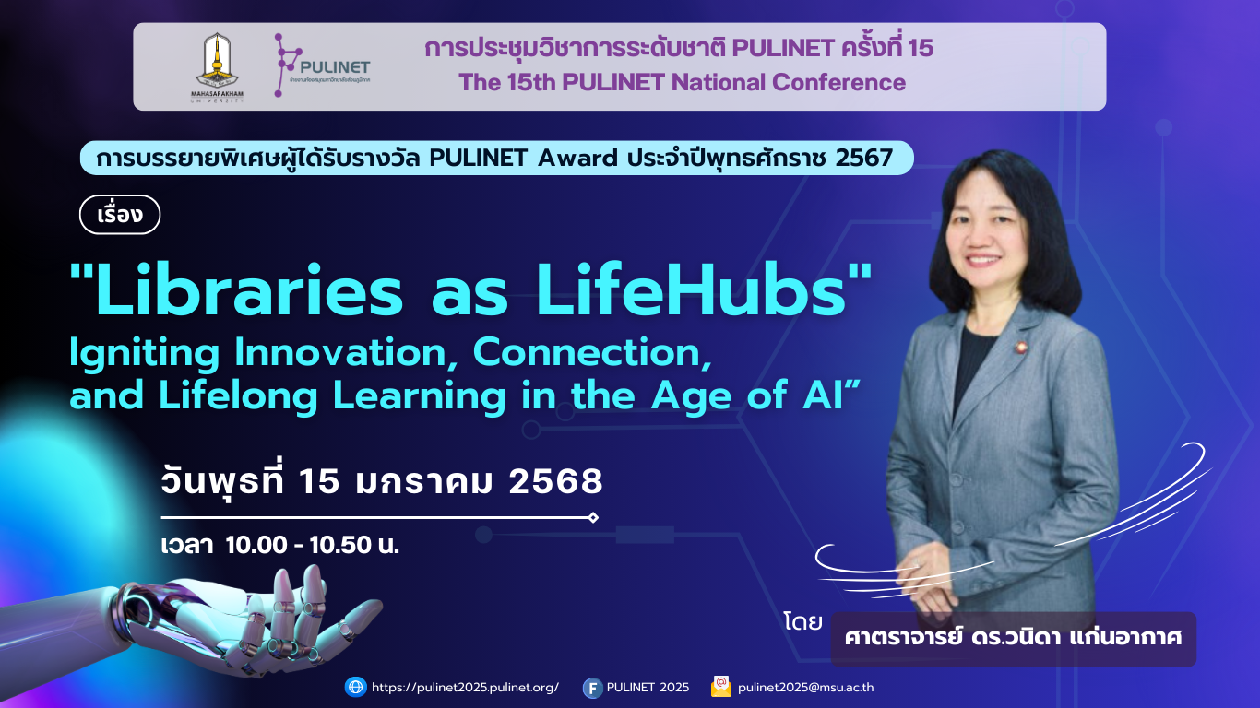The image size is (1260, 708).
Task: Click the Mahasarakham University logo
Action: tap(220, 68)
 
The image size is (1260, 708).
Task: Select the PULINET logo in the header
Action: tap(322, 66)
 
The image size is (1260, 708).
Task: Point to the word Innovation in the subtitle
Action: tap(339, 353)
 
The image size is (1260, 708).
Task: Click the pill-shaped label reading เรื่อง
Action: tap(120, 215)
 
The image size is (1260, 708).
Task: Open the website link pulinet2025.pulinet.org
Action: tap(465, 688)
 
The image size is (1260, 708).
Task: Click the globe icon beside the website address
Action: tap(355, 687)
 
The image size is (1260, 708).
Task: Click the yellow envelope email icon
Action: tap(721, 687)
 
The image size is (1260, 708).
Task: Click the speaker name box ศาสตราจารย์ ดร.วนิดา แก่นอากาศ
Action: tap(1013, 638)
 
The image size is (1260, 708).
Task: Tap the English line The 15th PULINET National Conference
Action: tap(682, 83)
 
